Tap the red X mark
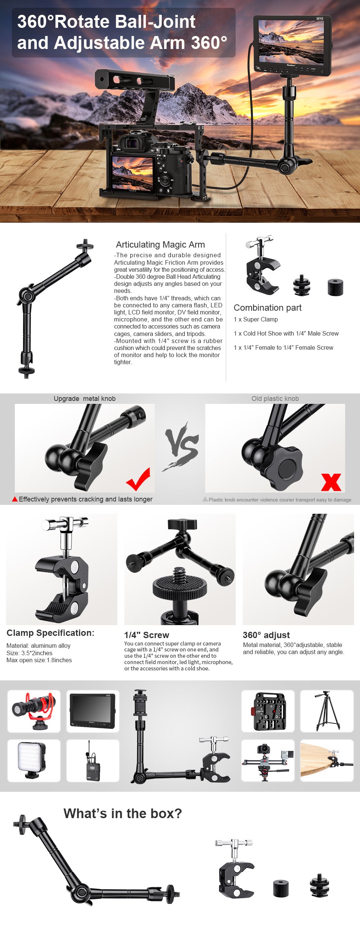click(x=331, y=482)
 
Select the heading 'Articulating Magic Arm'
click(x=160, y=245)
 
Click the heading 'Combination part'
click(x=268, y=308)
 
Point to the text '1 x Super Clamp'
click(x=256, y=319)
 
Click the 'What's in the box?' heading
click(x=123, y=813)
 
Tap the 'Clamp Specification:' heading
click(x=50, y=633)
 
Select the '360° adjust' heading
click(x=266, y=635)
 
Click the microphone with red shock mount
click(x=33, y=710)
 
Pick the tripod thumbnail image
click(x=327, y=711)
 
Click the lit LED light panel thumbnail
click(x=33, y=761)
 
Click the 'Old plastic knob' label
click(x=275, y=399)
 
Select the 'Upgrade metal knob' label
click(x=85, y=399)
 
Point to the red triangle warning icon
click(x=15, y=499)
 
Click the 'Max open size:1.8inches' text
click(x=39, y=660)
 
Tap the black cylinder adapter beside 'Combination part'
click(x=336, y=288)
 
